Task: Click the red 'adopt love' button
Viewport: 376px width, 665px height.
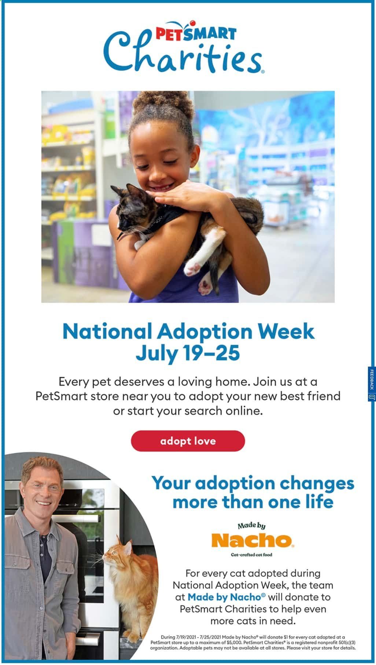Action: pos(188,441)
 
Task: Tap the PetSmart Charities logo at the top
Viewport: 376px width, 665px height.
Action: pos(183,50)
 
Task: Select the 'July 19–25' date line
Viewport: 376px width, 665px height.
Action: pos(188,353)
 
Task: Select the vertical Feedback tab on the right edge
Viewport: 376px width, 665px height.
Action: pos(371,383)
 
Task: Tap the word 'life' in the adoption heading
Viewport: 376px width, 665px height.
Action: pos(319,502)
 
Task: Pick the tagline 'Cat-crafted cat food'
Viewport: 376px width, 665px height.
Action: pos(251,555)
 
